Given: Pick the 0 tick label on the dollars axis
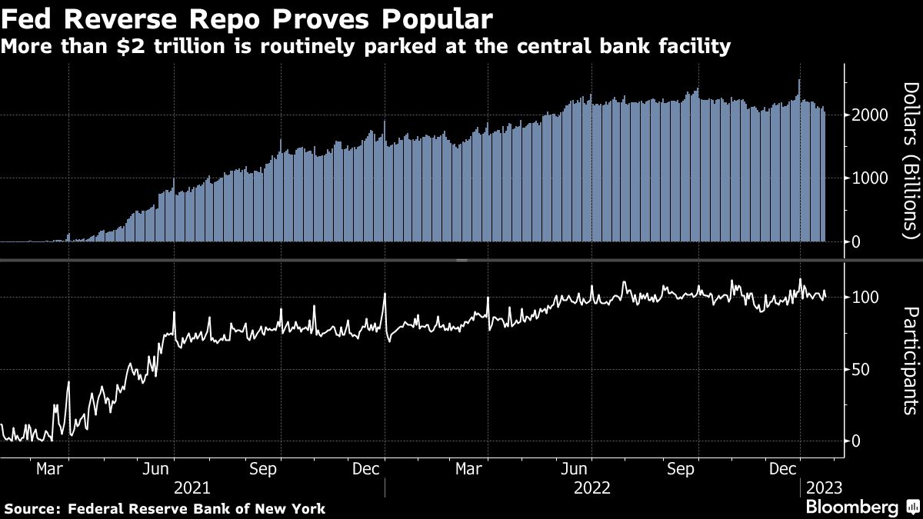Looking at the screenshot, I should click(x=858, y=242).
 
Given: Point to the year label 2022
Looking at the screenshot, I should click(x=593, y=487).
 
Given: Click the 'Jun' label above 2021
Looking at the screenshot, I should click(x=157, y=468).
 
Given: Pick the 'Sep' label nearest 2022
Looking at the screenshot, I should click(x=680, y=468).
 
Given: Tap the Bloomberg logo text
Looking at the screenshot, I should click(x=851, y=507).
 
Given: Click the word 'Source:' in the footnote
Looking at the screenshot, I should click(x=33, y=508).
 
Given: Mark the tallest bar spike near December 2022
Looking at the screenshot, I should click(x=800, y=81).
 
